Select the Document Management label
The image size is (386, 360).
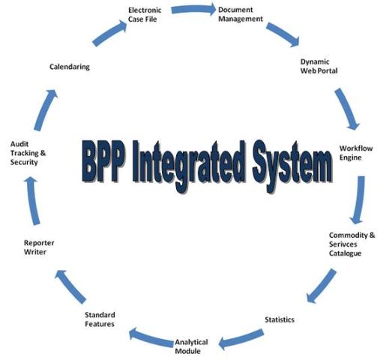coord(239,14)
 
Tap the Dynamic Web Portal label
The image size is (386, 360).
coord(319,65)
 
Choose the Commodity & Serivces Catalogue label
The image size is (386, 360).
coord(352,244)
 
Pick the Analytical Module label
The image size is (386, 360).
coord(192,347)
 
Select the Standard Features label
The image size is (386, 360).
coord(100,319)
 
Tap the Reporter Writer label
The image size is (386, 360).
coord(39,247)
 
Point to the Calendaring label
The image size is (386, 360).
coord(69,67)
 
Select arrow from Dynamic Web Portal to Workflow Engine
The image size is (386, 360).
coord(346,109)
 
